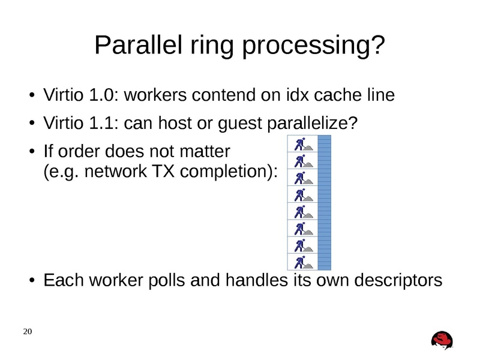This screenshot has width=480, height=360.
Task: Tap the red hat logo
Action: [442, 340]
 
